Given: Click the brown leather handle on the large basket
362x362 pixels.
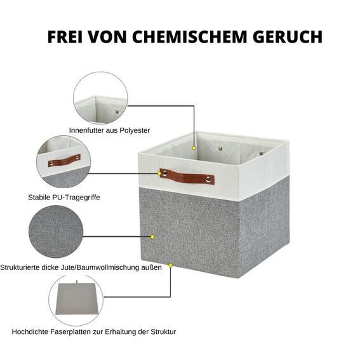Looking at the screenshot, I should point(187,176).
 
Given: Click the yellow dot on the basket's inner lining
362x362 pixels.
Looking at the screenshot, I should point(194,149).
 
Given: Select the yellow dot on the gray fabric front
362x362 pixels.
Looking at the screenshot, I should point(152,237).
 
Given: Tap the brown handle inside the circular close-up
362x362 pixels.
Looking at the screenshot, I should point(64,160).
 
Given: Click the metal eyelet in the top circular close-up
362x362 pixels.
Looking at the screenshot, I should point(116,112).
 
